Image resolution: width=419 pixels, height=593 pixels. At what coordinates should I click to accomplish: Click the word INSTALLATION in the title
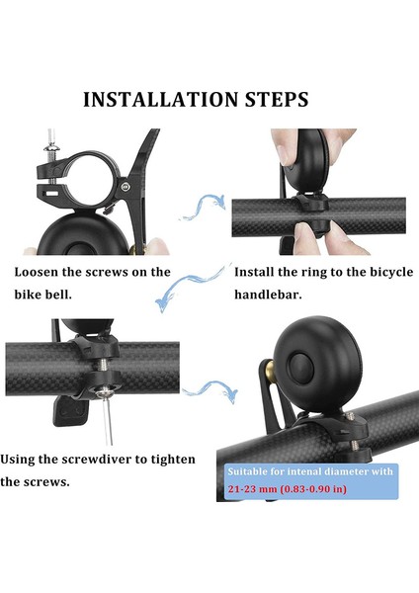tap(161, 100)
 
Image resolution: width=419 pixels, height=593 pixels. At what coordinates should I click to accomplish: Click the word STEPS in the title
tap(277, 100)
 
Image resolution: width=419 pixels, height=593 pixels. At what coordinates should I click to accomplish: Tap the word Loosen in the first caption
tap(37, 272)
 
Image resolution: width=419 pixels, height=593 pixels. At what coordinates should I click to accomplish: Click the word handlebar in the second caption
tap(268, 295)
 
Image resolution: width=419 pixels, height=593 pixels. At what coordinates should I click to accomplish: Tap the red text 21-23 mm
tap(252, 489)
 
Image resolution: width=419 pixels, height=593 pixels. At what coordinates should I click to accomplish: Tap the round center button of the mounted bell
tap(301, 369)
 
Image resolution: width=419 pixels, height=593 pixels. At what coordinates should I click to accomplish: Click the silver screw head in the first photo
tap(50, 148)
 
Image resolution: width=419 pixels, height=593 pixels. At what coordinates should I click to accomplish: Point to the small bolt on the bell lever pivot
tap(126, 186)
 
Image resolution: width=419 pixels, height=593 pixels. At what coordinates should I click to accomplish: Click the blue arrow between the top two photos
tap(205, 208)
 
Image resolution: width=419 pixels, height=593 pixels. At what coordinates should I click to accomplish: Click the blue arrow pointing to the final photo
tap(210, 390)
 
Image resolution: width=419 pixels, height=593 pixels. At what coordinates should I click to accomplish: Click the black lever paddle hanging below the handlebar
tap(71, 411)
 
